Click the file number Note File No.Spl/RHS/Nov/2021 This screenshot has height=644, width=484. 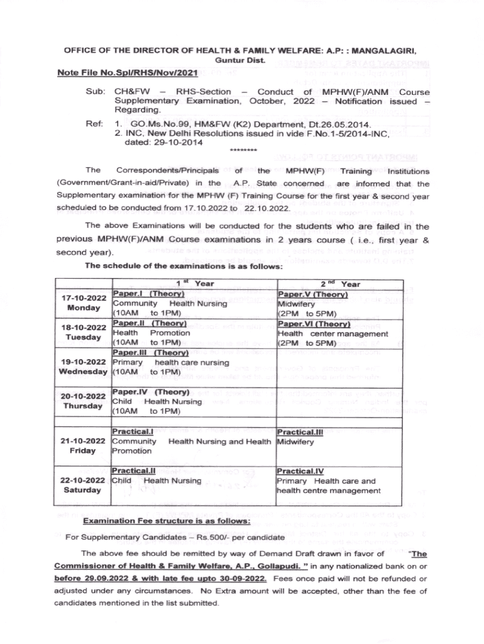pos(123,73)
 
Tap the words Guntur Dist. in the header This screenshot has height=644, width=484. pos(241,60)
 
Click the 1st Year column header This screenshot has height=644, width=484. pos(195,284)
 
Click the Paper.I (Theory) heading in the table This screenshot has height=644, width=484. pos(147,294)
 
